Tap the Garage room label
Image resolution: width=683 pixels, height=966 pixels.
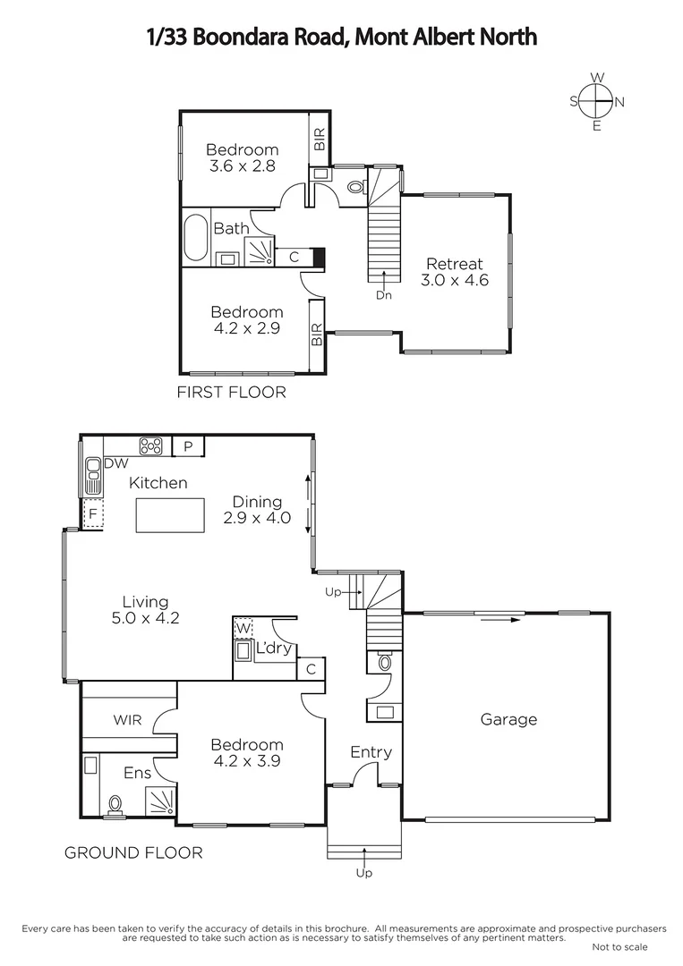[508, 719]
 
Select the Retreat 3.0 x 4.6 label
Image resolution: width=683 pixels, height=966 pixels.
[454, 272]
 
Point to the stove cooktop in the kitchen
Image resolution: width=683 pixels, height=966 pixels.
[149, 445]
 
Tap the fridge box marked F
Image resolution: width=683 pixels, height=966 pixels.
[91, 514]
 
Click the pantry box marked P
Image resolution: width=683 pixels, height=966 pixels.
[188, 445]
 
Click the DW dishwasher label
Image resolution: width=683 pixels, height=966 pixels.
[115, 463]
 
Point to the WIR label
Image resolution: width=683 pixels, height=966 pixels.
[128, 720]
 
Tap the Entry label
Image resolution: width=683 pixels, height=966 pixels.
[371, 752]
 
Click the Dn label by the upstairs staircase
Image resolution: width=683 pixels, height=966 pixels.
[383, 295]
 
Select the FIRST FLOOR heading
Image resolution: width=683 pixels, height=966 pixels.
[232, 392]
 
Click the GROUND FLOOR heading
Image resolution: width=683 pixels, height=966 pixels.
[133, 852]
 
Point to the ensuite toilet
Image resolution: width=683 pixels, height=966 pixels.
[114, 804]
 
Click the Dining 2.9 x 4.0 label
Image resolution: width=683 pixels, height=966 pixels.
[257, 510]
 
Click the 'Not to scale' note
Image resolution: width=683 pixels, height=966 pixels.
[619, 947]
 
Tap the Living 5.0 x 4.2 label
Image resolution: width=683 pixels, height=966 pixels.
[146, 609]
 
